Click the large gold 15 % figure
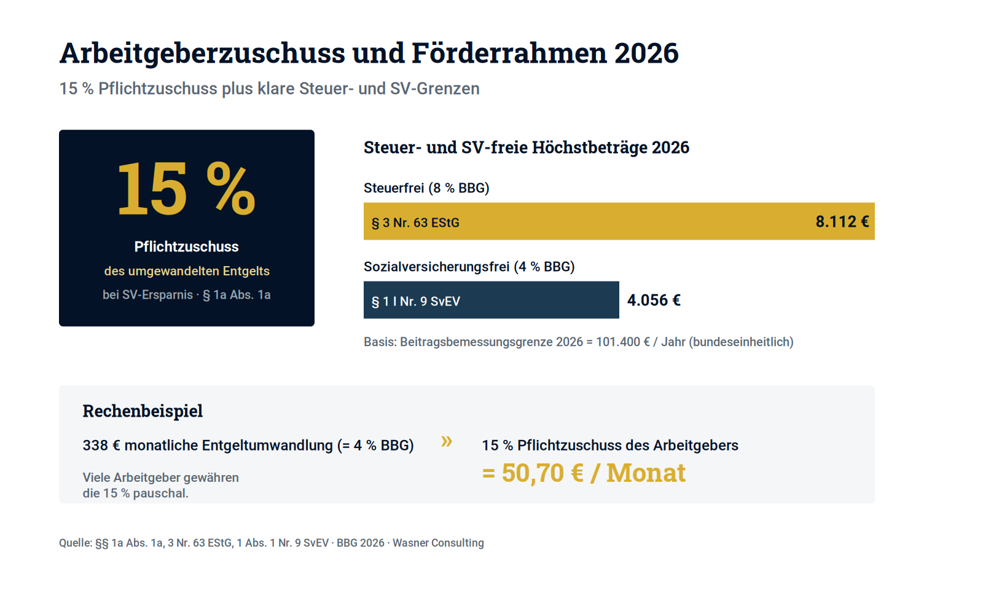coord(186,189)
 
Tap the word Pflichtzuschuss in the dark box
coord(187,246)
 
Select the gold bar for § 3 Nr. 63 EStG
coord(619,221)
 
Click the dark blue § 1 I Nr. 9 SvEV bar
coord(491,300)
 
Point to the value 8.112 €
coord(842,222)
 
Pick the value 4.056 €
coord(654,301)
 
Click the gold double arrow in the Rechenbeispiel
coord(447,441)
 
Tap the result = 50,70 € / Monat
coord(584,473)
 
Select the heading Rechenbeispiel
coord(143,411)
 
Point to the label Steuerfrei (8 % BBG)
coord(426,188)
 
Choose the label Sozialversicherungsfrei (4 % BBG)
coord(469,267)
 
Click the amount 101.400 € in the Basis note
coord(623,342)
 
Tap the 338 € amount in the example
coord(101,446)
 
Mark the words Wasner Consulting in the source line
coord(438,543)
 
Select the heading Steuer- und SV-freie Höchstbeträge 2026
coord(527,147)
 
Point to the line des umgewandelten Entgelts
coord(187,271)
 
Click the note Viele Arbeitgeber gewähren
coord(160,478)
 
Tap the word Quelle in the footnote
coord(76,543)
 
